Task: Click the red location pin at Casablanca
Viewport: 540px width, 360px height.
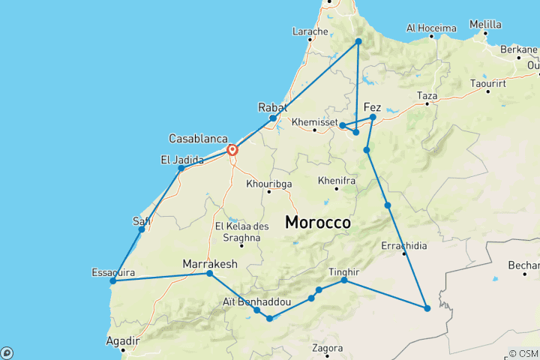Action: click(x=232, y=149)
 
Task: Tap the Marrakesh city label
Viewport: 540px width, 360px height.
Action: click(x=210, y=264)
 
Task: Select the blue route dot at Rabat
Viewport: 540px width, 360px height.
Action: click(x=273, y=118)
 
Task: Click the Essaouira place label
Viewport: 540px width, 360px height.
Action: click(x=112, y=271)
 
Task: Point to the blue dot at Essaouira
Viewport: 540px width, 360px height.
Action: click(x=112, y=281)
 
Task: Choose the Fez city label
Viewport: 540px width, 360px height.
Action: click(x=372, y=107)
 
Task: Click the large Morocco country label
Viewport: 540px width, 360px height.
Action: click(x=318, y=223)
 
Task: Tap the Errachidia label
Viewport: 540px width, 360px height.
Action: click(x=404, y=246)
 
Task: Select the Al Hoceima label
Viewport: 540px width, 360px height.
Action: click(x=431, y=28)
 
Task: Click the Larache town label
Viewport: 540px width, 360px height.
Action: click(x=310, y=31)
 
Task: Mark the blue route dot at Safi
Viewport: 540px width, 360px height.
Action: click(x=142, y=229)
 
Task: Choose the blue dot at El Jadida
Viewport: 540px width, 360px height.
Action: click(x=181, y=169)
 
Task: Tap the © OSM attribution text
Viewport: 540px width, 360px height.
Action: click(x=523, y=353)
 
